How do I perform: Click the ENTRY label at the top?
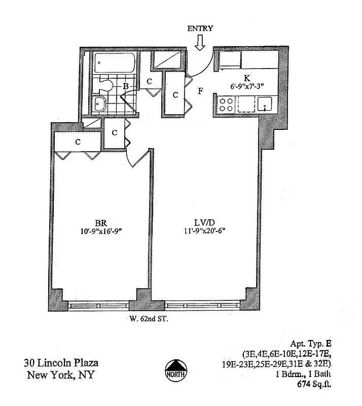[x=200, y=28]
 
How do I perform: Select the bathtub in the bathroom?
[x=114, y=64]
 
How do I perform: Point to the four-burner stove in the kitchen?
[x=226, y=105]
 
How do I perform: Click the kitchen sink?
[x=265, y=105]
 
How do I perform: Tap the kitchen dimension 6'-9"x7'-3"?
[x=246, y=87]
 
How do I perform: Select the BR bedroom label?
[x=99, y=222]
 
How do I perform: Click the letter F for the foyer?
[x=201, y=91]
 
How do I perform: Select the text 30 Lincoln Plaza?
[x=61, y=363]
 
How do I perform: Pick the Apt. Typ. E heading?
[x=311, y=344]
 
